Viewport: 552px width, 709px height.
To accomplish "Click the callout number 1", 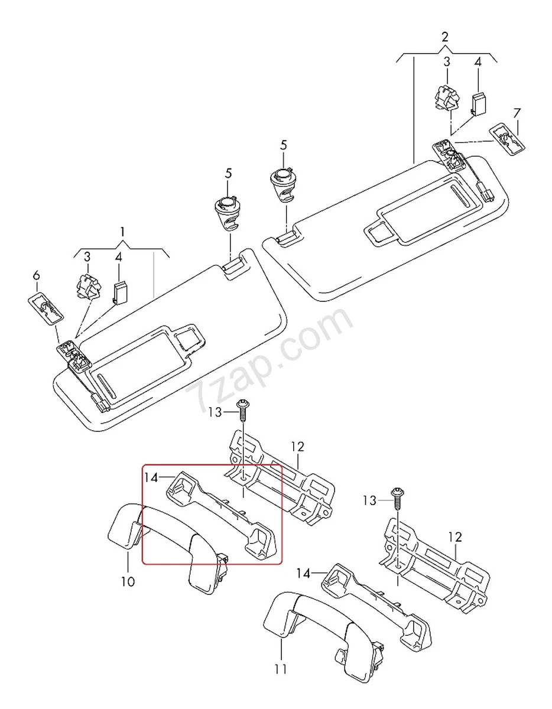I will coord(122,232).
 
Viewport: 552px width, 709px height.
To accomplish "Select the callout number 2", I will coord(444,37).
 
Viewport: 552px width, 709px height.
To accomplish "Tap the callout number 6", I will coord(36,275).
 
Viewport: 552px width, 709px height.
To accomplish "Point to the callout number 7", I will coord(517,112).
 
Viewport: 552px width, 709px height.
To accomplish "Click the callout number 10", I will coord(128,581).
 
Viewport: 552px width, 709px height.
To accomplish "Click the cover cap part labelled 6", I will coord(46,307).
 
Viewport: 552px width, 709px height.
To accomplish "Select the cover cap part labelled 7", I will coord(507,138).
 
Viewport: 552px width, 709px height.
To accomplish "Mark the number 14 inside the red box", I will coord(151,477).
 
